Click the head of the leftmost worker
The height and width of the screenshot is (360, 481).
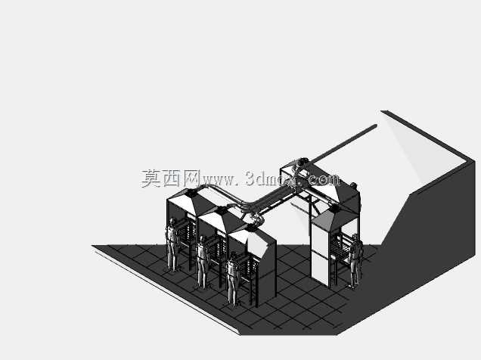(172, 221)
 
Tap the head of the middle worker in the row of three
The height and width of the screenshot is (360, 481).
(202, 239)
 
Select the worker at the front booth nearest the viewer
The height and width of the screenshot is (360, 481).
(232, 279)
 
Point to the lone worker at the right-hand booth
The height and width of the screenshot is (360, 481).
(355, 261)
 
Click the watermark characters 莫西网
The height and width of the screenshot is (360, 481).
(171, 178)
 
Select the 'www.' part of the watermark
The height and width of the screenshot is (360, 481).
(220, 180)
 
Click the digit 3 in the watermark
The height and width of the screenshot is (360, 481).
(251, 178)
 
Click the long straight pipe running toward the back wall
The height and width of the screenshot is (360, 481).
(343, 143)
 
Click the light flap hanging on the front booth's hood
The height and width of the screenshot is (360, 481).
(257, 245)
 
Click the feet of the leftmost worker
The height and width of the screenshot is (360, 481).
(173, 270)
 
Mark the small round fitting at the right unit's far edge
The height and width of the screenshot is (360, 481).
(353, 185)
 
